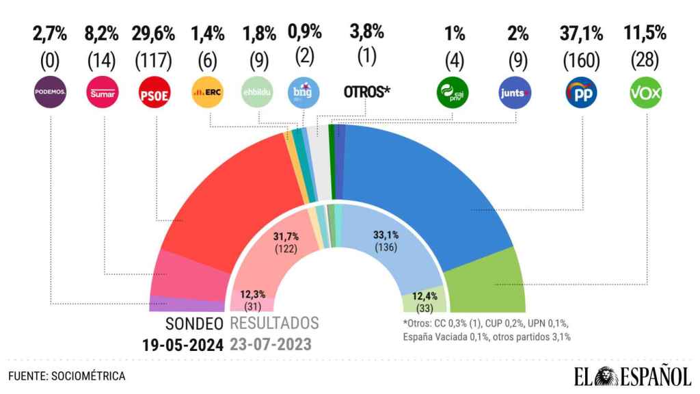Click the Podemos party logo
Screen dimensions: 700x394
(x=50, y=92)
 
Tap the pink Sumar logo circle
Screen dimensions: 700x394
(x=103, y=92)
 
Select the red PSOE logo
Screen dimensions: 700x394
(x=154, y=92)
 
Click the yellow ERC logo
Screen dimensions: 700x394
(x=207, y=92)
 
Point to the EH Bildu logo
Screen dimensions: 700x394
(x=257, y=92)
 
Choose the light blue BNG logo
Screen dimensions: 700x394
(x=303, y=92)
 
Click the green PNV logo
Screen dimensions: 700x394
(x=453, y=92)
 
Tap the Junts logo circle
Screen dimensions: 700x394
(x=514, y=92)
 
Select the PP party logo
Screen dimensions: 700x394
(x=581, y=92)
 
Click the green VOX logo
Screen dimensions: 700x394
(x=645, y=92)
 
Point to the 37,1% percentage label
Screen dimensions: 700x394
(x=581, y=34)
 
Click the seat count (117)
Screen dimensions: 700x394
(x=154, y=61)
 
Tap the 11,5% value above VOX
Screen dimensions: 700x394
(x=645, y=33)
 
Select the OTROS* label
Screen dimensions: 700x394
(x=367, y=92)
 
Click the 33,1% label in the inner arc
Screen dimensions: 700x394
(x=386, y=235)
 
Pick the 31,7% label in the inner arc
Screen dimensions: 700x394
(x=286, y=237)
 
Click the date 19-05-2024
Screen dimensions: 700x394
(x=183, y=345)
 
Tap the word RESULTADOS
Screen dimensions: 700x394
(x=275, y=323)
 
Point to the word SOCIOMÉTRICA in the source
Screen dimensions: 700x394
(x=88, y=376)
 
